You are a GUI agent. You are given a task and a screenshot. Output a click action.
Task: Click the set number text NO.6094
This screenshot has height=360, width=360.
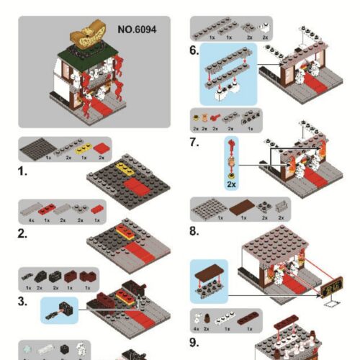pyautogui.click(x=137, y=30)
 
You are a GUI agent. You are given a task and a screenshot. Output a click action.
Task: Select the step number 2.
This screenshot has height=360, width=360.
pyautogui.click(x=24, y=233)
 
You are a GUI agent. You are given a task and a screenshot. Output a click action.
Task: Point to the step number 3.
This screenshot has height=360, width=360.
pyautogui.click(x=24, y=300)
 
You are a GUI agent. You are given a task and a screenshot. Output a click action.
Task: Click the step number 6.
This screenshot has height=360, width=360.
pyautogui.click(x=194, y=50)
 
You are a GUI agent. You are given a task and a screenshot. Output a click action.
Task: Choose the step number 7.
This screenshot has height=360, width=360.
pyautogui.click(x=194, y=143)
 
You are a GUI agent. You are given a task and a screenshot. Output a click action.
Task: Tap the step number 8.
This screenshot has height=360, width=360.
pyautogui.click(x=194, y=231)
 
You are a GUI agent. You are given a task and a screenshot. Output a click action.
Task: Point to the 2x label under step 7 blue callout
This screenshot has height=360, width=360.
pyautogui.click(x=230, y=184)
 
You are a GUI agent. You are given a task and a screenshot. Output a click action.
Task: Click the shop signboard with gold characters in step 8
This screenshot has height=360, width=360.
pyautogui.click(x=332, y=291)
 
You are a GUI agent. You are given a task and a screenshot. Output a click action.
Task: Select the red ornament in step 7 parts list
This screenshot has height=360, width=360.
pyautogui.click(x=215, y=116)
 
